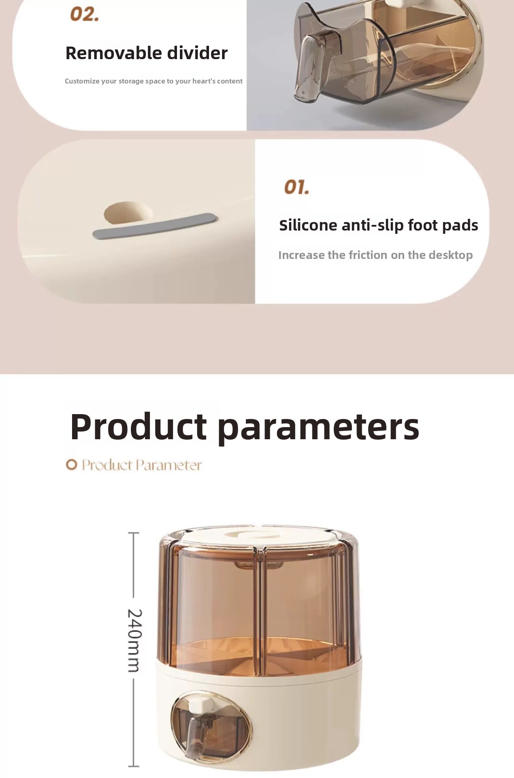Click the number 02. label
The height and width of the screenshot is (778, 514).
coord(85,14)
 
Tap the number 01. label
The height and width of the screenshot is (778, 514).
coord(296,187)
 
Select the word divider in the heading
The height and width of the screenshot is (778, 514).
coord(198,53)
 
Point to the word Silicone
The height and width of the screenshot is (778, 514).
coord(308,225)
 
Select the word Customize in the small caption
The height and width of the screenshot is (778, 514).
coord(82,81)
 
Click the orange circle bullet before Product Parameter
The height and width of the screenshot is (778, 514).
coord(71,465)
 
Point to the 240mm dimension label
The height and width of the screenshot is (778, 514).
coord(134,640)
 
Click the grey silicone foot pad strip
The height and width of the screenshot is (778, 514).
coord(156,226)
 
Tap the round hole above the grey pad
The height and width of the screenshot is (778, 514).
coord(128,213)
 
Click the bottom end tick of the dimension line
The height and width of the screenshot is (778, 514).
coord(134,766)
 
